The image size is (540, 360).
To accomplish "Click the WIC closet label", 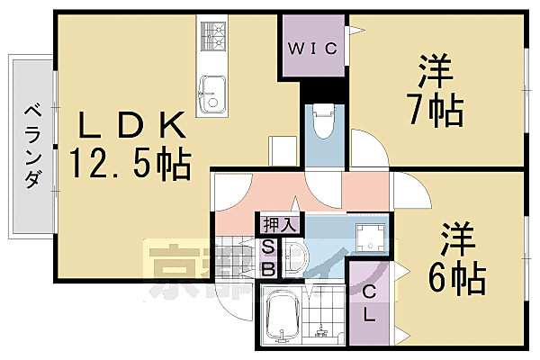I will tap(312, 49).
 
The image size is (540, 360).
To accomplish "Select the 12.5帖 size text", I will tap(131, 164).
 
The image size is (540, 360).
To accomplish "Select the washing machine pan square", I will tap(370, 239).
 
